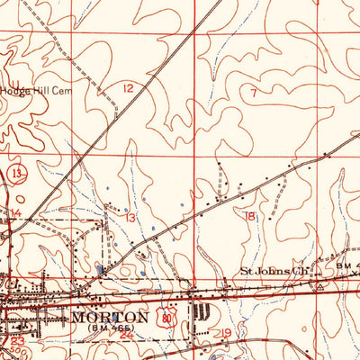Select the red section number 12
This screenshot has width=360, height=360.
pos(131,88)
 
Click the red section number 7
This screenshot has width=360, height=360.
pos(254,91)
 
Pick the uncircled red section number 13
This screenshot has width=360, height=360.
pos(130,218)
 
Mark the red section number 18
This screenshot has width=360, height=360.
pos(249,216)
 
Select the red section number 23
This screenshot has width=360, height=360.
pos(18,342)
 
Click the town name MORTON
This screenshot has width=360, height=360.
pos(110,318)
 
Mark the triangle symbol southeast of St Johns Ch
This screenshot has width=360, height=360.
pos(319,283)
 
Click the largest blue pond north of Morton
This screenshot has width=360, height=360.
pos(98,269)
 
